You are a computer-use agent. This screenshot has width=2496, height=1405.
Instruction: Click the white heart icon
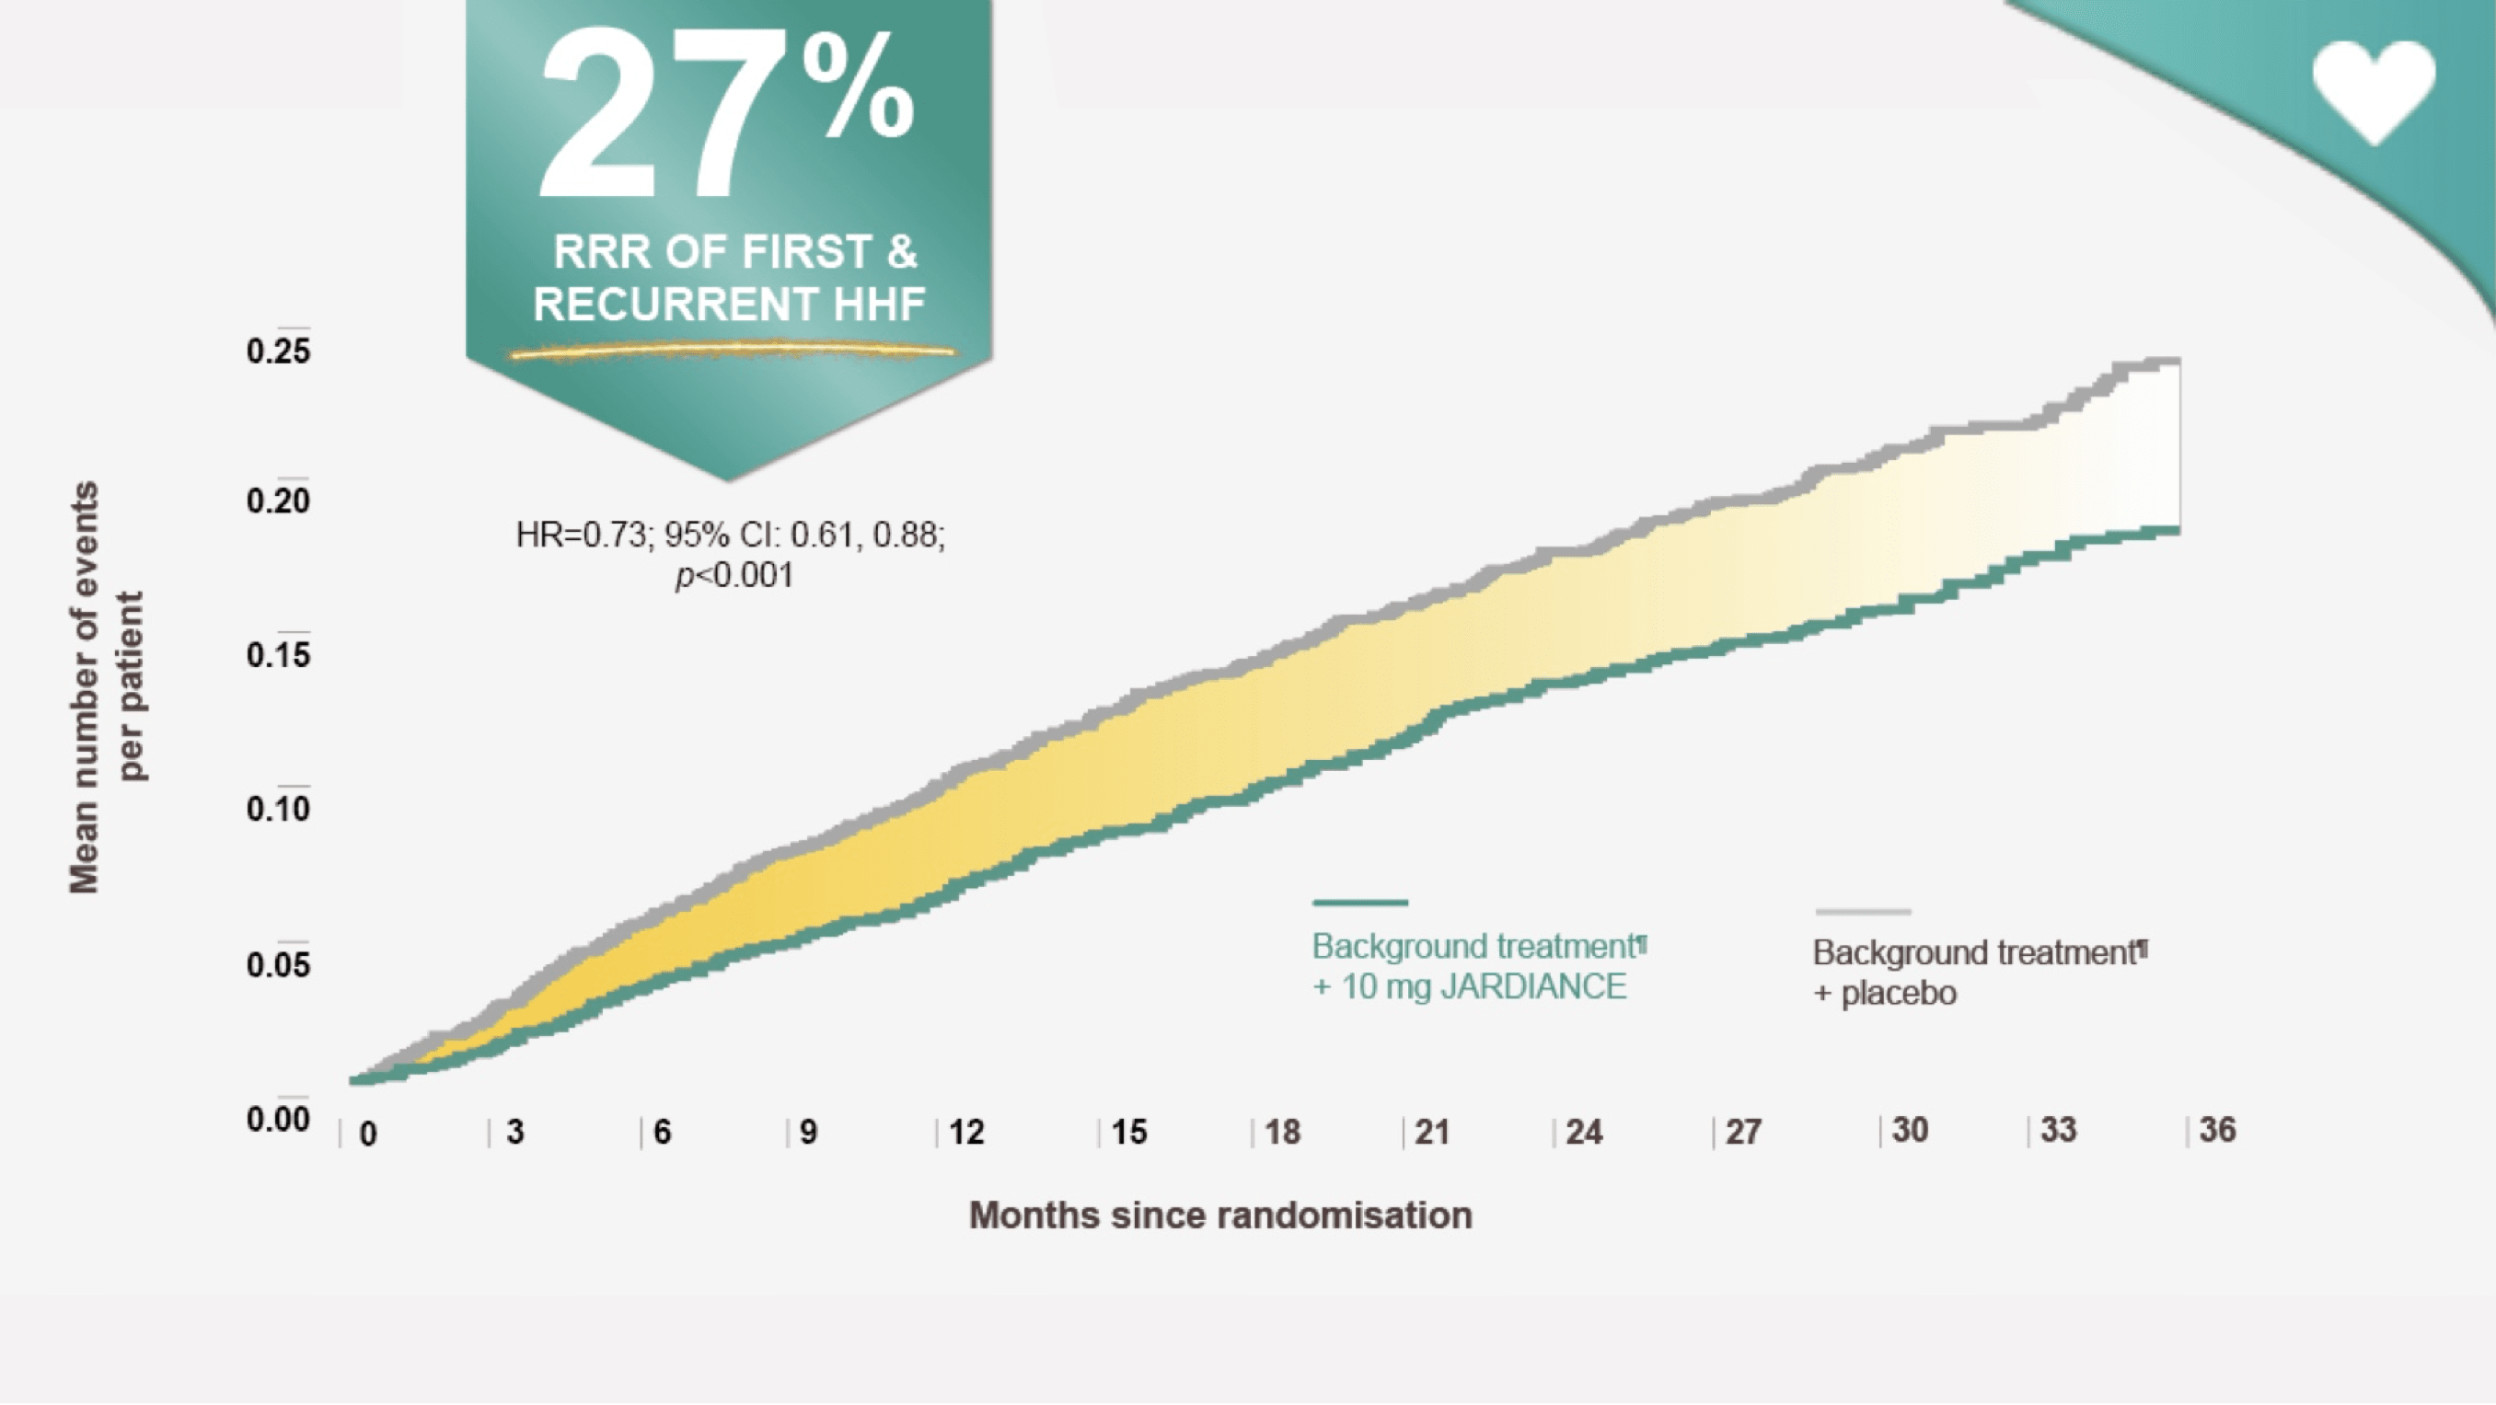click(x=2373, y=92)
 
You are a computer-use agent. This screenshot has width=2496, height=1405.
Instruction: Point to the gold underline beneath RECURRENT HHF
click(x=732, y=351)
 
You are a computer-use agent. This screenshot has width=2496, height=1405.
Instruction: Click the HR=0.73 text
click(x=582, y=535)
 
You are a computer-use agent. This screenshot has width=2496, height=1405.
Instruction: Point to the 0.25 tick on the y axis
click(x=278, y=351)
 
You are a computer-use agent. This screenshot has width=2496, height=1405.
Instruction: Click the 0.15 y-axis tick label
click(x=278, y=656)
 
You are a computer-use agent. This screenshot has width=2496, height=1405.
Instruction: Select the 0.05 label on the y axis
click(x=278, y=965)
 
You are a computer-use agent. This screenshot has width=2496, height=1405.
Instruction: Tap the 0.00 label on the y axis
click(x=278, y=1119)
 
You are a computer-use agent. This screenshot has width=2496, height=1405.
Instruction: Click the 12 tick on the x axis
click(x=966, y=1132)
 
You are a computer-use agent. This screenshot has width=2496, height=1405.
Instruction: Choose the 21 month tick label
click(x=1431, y=1132)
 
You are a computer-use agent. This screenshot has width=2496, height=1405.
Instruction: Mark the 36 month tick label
click(x=2217, y=1130)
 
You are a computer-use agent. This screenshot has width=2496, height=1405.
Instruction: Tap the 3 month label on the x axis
click(x=514, y=1132)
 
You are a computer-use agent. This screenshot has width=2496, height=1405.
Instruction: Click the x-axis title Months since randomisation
click(x=1219, y=1215)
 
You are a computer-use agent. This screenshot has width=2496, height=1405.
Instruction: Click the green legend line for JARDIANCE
click(x=1359, y=903)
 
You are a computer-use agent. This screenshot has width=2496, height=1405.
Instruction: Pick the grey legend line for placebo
click(x=1862, y=912)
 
